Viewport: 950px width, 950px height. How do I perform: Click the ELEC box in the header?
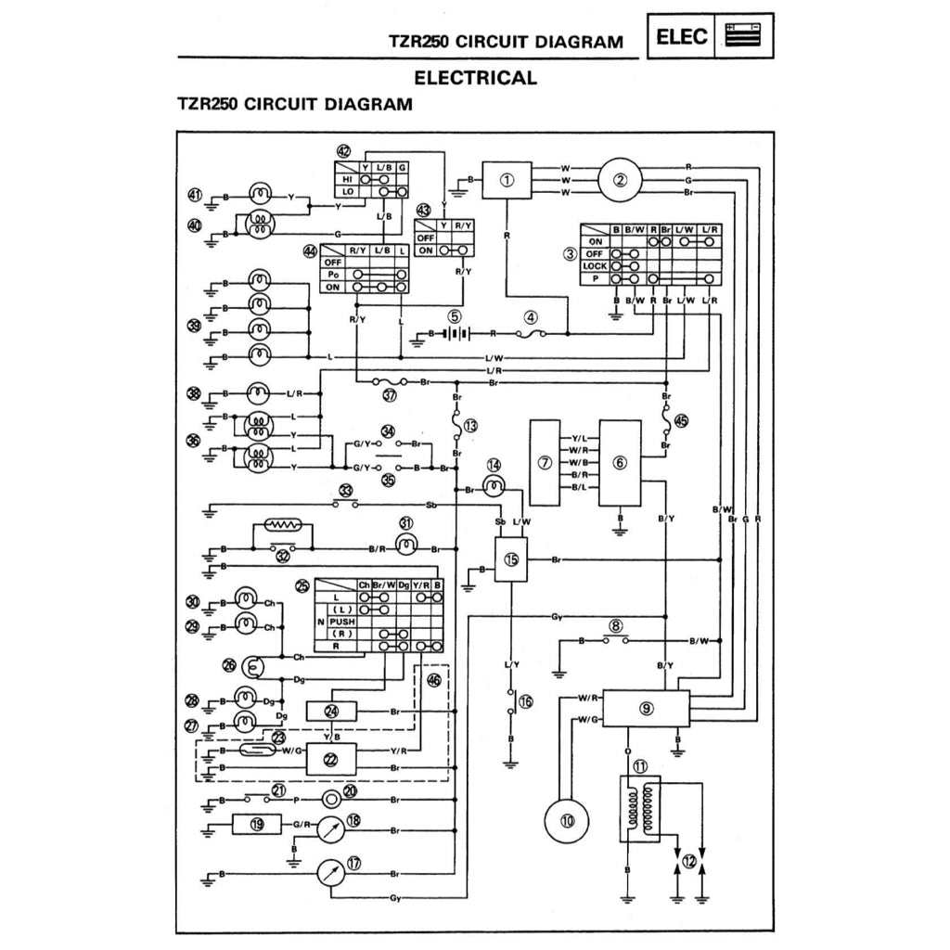tap(682, 37)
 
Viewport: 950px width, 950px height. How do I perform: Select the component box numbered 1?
tap(507, 180)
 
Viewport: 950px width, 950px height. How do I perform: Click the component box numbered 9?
tap(647, 709)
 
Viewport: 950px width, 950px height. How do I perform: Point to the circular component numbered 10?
tap(567, 820)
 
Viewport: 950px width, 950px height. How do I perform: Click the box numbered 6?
tap(620, 462)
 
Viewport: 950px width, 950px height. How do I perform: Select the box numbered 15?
tap(511, 560)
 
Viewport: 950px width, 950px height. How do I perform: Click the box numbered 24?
tap(333, 712)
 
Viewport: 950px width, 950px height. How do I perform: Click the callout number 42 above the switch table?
tap(344, 150)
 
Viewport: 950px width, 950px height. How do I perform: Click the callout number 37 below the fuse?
tap(389, 394)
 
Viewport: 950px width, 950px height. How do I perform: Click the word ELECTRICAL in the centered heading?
tap(474, 78)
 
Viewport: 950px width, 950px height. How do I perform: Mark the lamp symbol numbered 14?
tap(494, 486)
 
